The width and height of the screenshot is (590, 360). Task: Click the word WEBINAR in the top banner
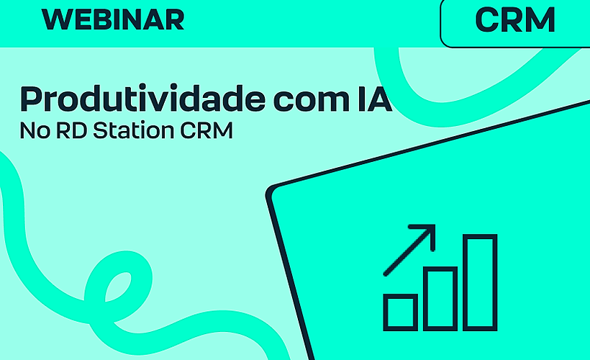coord(113,20)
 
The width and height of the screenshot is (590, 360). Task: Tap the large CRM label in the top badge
coord(515,20)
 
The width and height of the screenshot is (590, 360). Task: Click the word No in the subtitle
coord(32,132)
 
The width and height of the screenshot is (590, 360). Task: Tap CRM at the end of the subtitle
coord(208,132)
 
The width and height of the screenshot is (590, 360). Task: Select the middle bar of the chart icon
coord(440,298)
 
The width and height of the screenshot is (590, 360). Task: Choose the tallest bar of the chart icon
coord(480,282)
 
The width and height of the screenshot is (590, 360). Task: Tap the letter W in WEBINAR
coord(57,20)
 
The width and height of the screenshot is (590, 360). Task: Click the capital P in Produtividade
coord(31,99)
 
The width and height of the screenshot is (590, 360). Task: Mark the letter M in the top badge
coord(540,20)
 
